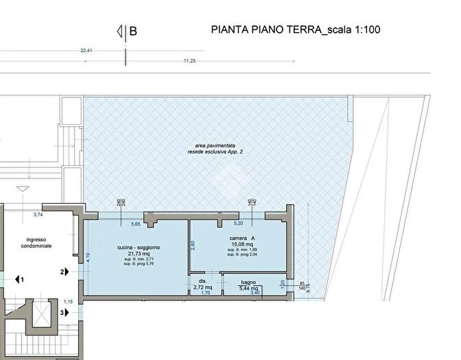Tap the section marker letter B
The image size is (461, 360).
[x=133, y=31]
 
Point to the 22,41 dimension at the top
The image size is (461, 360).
[x=86, y=50]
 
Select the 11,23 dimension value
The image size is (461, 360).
[x=190, y=60]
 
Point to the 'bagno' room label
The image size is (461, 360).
[x=248, y=283]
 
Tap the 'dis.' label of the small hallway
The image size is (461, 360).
[x=202, y=281]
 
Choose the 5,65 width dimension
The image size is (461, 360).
[x=136, y=224]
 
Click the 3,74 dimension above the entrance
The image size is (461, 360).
[x=39, y=215]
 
